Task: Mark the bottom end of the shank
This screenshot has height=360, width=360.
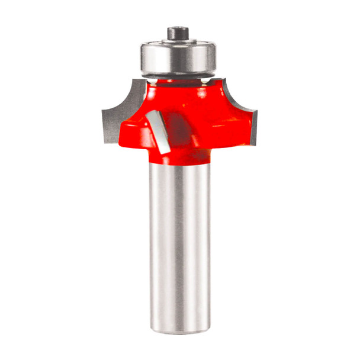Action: (x=179, y=327)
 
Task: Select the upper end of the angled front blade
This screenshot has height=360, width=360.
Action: (x=153, y=112)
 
